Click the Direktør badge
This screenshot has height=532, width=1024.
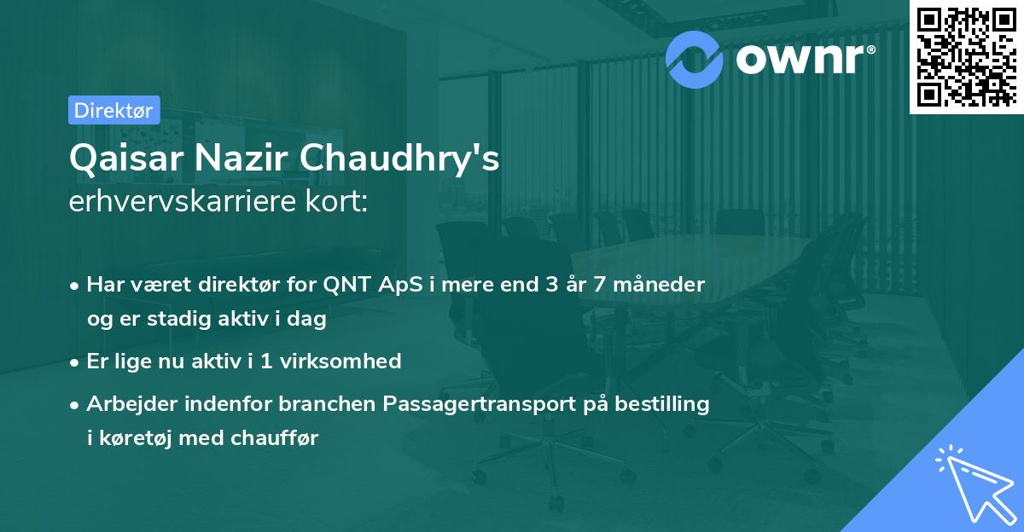click(x=113, y=110)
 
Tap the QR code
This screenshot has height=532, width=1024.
click(x=966, y=57)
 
